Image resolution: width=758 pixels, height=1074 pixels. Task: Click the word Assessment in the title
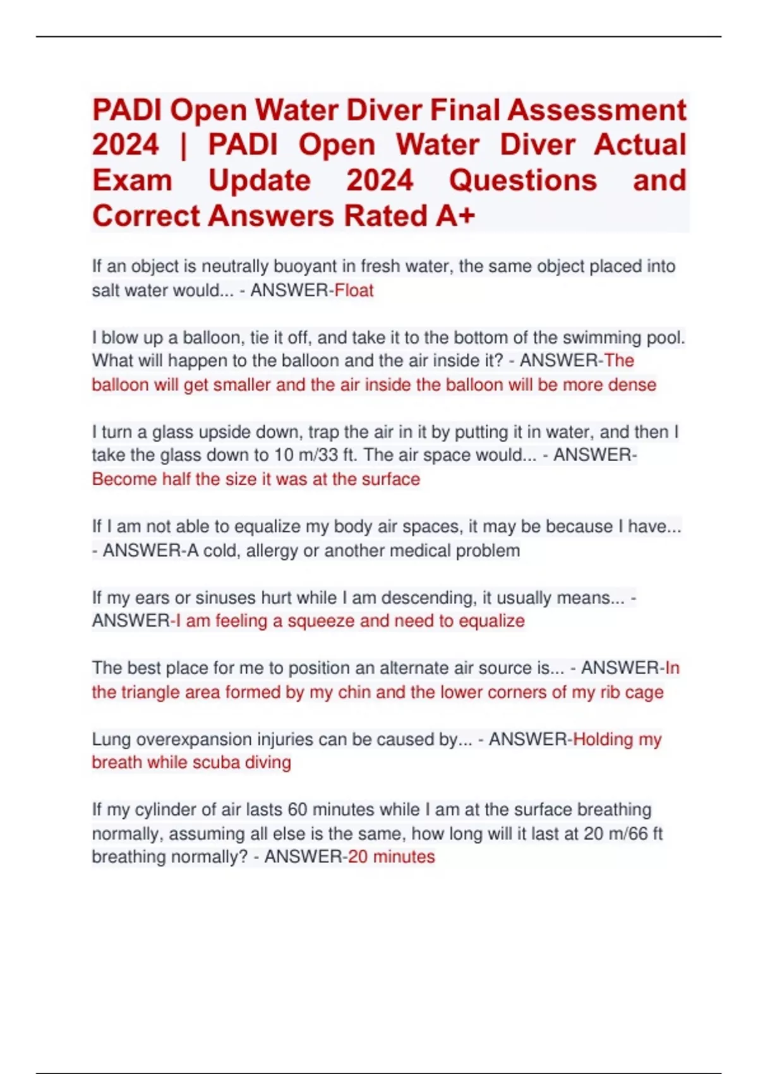pyautogui.click(x=596, y=110)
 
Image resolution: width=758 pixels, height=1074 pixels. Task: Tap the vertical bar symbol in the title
pyautogui.click(x=184, y=145)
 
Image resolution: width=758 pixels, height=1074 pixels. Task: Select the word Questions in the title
pyautogui.click(x=522, y=181)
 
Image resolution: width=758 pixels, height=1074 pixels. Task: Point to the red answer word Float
pyautogui.click(x=354, y=291)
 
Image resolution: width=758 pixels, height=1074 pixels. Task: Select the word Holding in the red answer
pyautogui.click(x=603, y=739)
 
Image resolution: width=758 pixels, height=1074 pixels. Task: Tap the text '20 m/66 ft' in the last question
pyautogui.click(x=623, y=834)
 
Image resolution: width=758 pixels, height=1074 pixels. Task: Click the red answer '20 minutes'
pyautogui.click(x=392, y=857)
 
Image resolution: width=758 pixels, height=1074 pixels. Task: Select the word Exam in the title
pyautogui.click(x=133, y=181)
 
